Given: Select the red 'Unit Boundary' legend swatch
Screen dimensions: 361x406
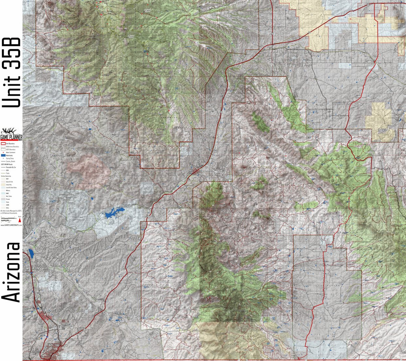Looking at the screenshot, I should coord(3,143).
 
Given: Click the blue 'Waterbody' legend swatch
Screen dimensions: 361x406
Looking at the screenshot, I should coord(3,155).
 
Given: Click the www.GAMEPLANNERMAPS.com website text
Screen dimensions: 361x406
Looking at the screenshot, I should coord(11,225).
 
